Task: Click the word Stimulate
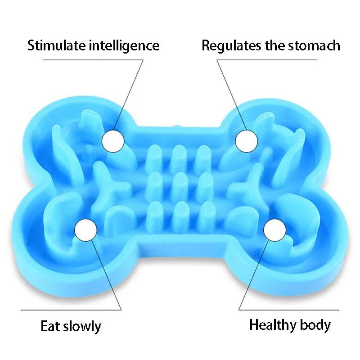click(57, 45)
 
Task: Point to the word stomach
click(314, 45)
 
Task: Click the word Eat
click(50, 326)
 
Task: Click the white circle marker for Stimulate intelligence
click(113, 141)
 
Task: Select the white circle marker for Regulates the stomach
click(247, 141)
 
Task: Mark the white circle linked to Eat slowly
click(86, 230)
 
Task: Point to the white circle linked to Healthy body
click(275, 230)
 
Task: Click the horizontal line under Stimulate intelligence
click(93, 60)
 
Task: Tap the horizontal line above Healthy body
click(289, 310)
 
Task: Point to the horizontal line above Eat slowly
click(71, 310)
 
